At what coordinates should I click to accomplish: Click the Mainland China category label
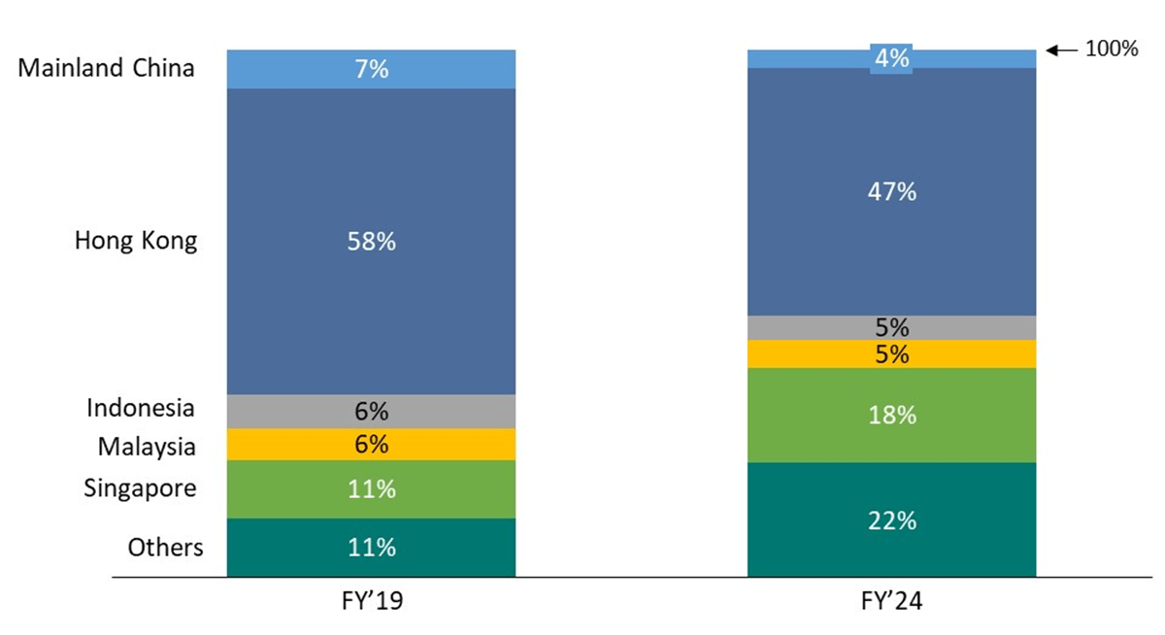click(x=107, y=69)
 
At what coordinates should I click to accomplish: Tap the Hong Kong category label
click(x=136, y=241)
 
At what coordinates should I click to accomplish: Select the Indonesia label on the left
click(x=141, y=408)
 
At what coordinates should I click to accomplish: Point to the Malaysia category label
click(x=147, y=447)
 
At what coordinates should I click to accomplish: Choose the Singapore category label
click(x=140, y=487)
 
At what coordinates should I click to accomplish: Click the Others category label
click(x=166, y=548)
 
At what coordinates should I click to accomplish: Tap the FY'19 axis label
click(x=372, y=602)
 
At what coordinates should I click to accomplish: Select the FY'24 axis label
click(x=891, y=602)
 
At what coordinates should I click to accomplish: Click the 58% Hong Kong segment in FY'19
click(x=371, y=242)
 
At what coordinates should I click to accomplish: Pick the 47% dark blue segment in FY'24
click(x=891, y=192)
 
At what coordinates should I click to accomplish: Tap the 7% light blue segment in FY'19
click(x=371, y=70)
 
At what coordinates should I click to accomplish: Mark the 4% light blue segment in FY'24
click(x=891, y=59)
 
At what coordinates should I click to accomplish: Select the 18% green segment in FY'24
click(x=891, y=416)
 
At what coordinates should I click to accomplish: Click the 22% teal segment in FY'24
click(x=891, y=520)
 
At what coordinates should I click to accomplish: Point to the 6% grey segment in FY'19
click(x=371, y=411)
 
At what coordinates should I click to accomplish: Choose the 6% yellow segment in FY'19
click(x=371, y=444)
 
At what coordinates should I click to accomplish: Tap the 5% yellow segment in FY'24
click(x=891, y=354)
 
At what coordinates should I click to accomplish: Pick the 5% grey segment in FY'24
click(x=891, y=327)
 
